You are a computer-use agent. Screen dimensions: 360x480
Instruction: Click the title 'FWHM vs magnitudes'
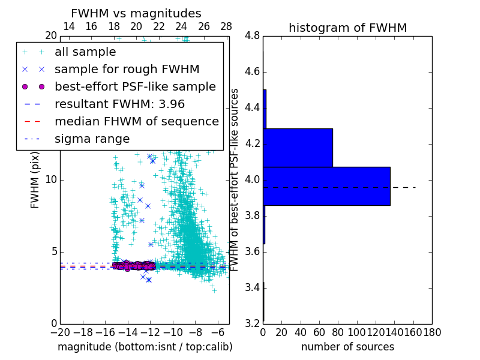pyautogui.click(x=136, y=13)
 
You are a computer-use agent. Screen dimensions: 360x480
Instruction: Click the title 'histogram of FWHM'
pyautogui.click(x=347, y=28)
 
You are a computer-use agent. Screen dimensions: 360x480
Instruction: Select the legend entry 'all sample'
pyautogui.click(x=85, y=52)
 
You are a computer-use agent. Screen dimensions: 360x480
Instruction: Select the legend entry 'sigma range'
pyautogui.click(x=92, y=139)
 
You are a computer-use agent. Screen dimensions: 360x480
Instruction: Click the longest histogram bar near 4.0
pyautogui.click(x=326, y=186)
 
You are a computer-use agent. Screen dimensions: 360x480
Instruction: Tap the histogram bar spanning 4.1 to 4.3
pyautogui.click(x=298, y=148)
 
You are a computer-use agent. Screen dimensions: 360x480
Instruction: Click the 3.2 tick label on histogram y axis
pyautogui.click(x=252, y=323)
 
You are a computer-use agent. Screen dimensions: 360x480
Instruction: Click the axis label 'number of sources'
pyautogui.click(x=347, y=347)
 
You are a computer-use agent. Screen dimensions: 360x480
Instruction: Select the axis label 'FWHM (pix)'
pyautogui.click(x=35, y=179)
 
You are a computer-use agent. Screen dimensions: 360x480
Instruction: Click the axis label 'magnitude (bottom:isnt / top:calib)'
pyautogui.click(x=145, y=347)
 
